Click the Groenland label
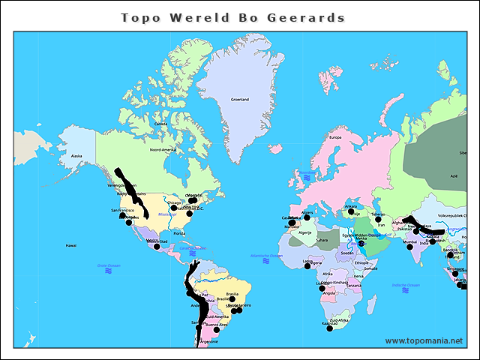pyautogui.click(x=239, y=99)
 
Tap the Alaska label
pyautogui.click(x=76, y=156)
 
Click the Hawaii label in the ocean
pyautogui.click(x=71, y=245)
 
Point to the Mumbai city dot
pyautogui.click(x=410, y=247)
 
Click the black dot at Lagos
pyautogui.click(x=308, y=266)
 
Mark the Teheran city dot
pyautogui.click(x=379, y=219)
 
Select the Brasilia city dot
pyautogui.click(x=232, y=298)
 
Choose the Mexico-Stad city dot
pyautogui.click(x=157, y=246)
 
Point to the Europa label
pyautogui.click(x=335, y=137)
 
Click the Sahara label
pyautogui.click(x=321, y=240)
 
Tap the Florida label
pyautogui.click(x=179, y=233)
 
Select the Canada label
pyautogui.click(x=160, y=124)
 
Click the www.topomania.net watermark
pyautogui.click(x=424, y=340)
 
